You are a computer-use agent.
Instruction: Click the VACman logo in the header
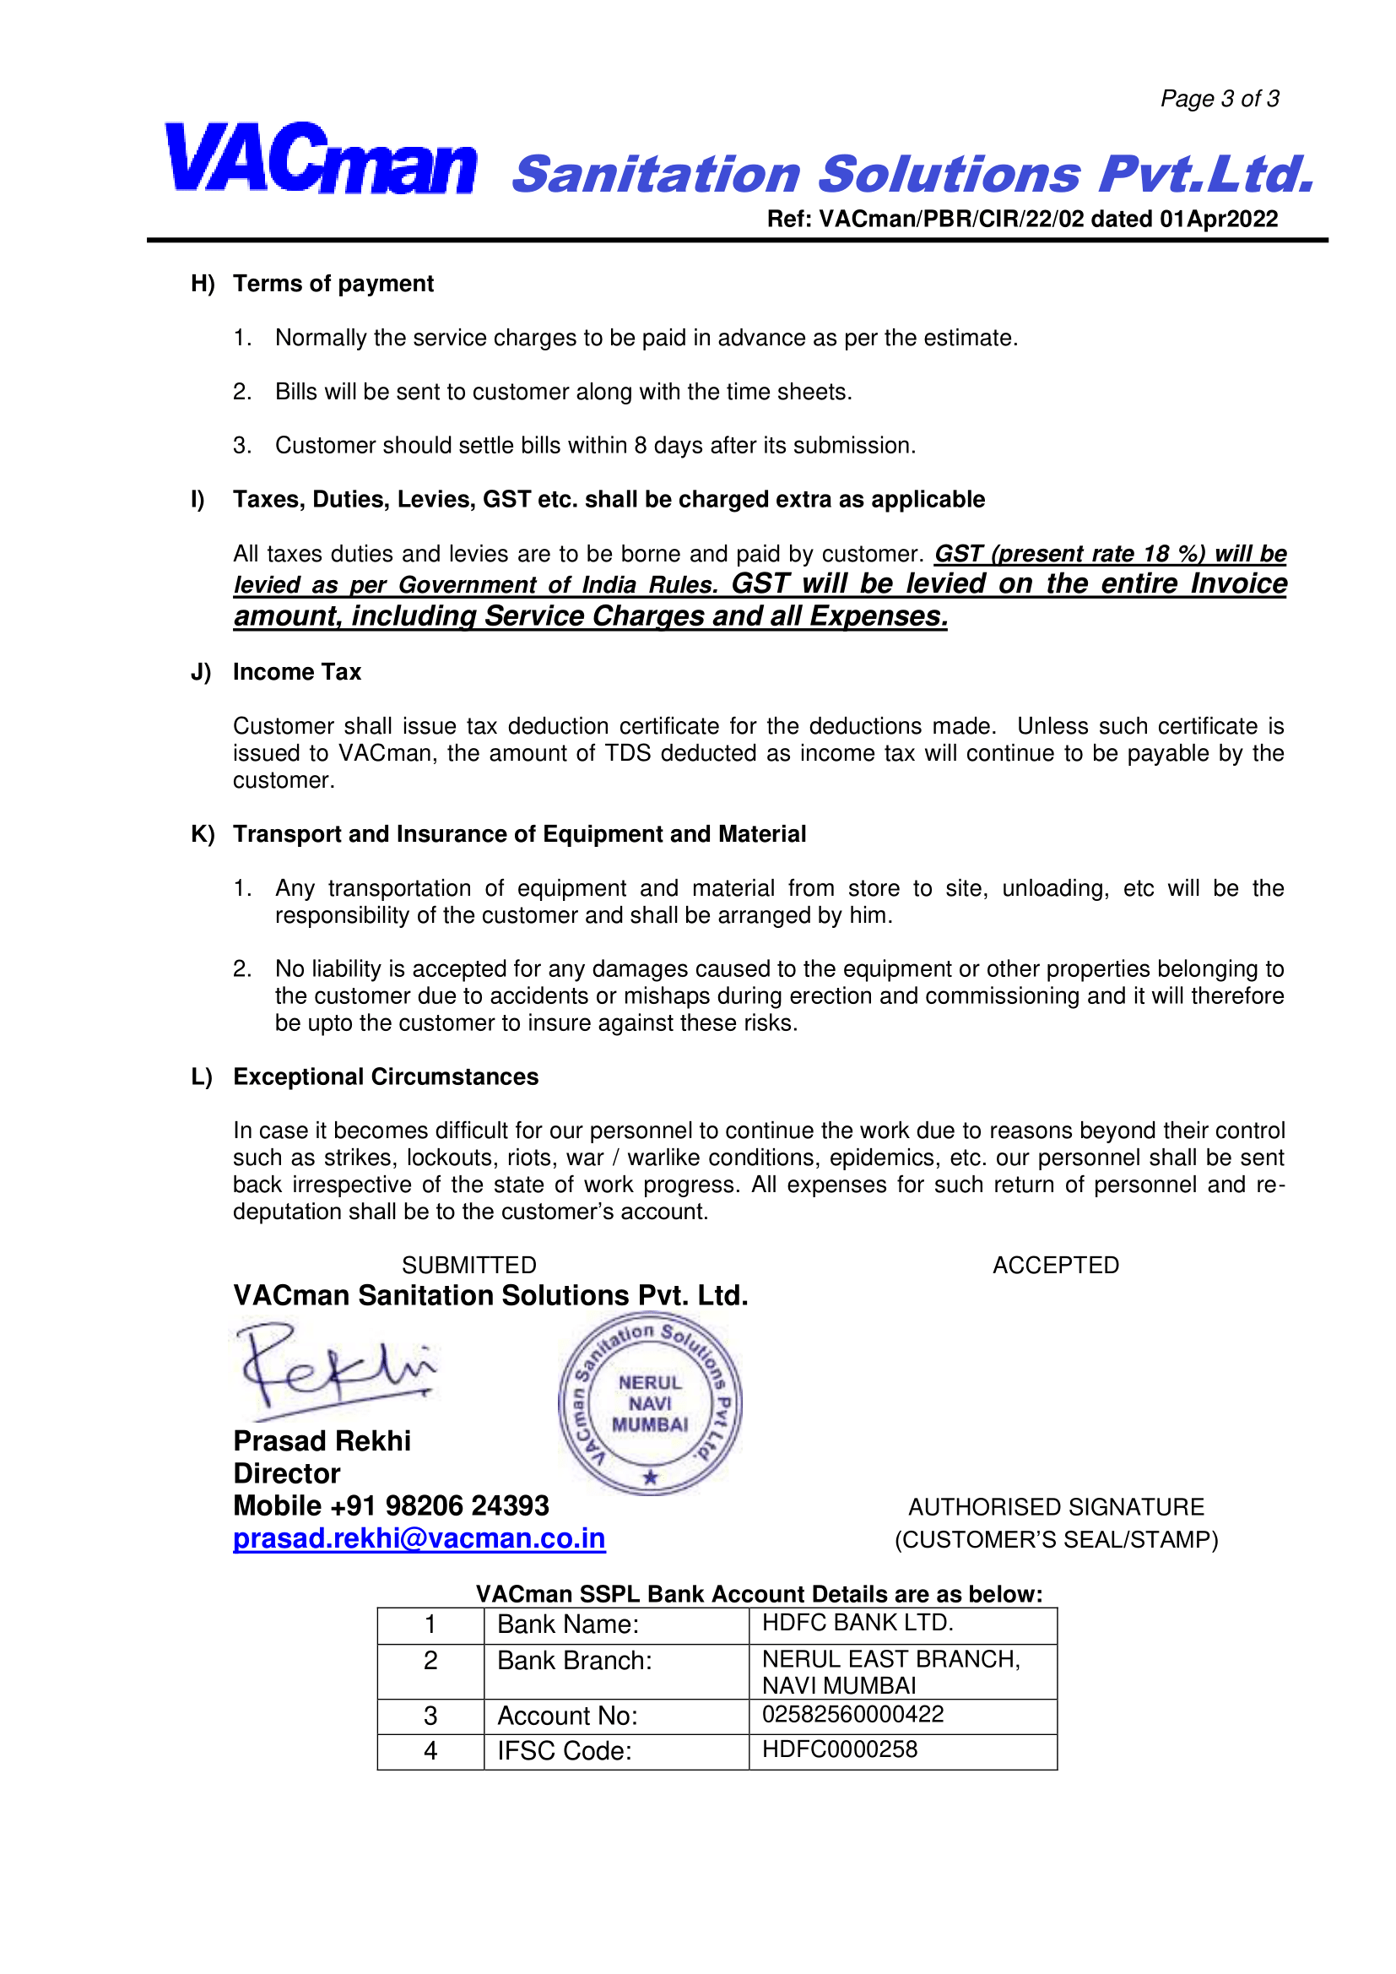(x=320, y=159)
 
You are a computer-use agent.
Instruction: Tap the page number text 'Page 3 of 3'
(x=1219, y=99)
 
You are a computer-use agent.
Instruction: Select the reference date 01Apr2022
(x=1218, y=220)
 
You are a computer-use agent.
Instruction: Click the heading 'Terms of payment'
(x=333, y=284)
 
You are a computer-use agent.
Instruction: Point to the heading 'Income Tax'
(x=296, y=671)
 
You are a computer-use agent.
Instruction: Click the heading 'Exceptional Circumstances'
(x=385, y=1076)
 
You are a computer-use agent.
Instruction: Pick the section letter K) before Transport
(x=202, y=834)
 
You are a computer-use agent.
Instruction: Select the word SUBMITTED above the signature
(x=468, y=1265)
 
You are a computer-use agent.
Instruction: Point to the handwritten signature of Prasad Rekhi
(x=335, y=1368)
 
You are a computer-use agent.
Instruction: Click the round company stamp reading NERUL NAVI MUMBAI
(x=650, y=1403)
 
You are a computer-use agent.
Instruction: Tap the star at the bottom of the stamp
(x=651, y=1477)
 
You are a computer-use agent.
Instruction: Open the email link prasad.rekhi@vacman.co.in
(x=419, y=1538)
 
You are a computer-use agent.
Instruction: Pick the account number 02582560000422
(x=852, y=1714)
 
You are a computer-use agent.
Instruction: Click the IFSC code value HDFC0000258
(x=839, y=1749)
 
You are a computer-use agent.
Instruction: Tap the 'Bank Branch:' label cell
(x=574, y=1660)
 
